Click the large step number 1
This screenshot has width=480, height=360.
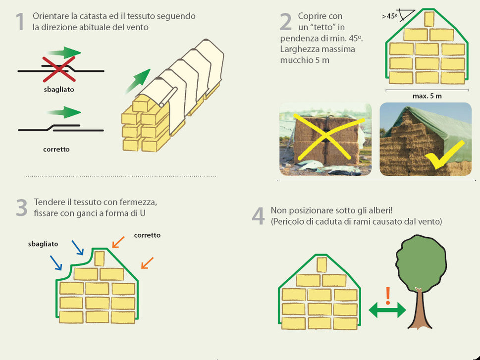tap(20, 22)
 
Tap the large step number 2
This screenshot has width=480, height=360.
tap(286, 22)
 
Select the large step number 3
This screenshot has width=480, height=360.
tap(21, 208)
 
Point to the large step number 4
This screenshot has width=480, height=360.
tap(258, 216)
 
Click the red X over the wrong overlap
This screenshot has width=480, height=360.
tap(59, 68)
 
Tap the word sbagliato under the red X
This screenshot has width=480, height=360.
tap(59, 90)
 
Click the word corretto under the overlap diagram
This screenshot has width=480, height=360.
tap(56, 149)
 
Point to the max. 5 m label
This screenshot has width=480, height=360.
tap(427, 96)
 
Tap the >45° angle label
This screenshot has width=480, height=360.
tap(390, 16)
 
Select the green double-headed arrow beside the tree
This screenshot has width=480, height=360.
tap(387, 310)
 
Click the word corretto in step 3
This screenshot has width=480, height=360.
tap(147, 235)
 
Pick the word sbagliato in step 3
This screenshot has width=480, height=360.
tap(43, 244)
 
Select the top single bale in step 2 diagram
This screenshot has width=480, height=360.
tap(429, 19)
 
